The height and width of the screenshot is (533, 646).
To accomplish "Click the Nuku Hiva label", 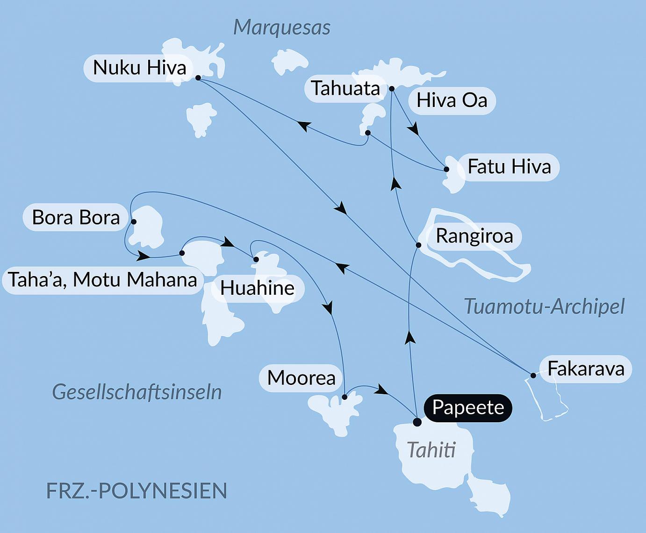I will (139, 68).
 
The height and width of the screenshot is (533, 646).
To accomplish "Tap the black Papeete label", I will (468, 408).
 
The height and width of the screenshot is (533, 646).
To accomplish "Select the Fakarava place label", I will (585, 369).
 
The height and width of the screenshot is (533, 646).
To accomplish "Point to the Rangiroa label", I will (474, 236).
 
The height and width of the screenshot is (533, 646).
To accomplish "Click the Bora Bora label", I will (76, 218).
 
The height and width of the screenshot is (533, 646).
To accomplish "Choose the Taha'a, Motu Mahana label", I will (102, 280).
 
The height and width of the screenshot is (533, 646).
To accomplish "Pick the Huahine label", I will (257, 288).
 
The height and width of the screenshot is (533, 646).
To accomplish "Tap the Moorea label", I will (301, 378).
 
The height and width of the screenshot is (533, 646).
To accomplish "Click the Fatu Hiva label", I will (509, 167).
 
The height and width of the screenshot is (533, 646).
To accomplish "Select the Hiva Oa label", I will (452, 100).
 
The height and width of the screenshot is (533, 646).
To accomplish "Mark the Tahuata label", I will (345, 89).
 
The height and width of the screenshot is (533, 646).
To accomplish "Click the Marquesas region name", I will (282, 28).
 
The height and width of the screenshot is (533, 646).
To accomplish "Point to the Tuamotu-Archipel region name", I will (544, 307).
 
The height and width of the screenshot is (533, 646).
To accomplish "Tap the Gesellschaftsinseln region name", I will (137, 392).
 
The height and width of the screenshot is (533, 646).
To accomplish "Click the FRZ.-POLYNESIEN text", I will (136, 491).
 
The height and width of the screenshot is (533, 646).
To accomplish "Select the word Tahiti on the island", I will (431, 450).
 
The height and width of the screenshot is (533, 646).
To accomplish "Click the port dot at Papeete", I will (417, 422).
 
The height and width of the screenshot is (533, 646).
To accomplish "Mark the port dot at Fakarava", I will (533, 375).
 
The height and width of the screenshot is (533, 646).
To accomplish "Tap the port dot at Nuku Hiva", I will (198, 78).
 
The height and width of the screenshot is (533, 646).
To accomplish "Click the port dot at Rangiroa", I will (418, 245).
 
